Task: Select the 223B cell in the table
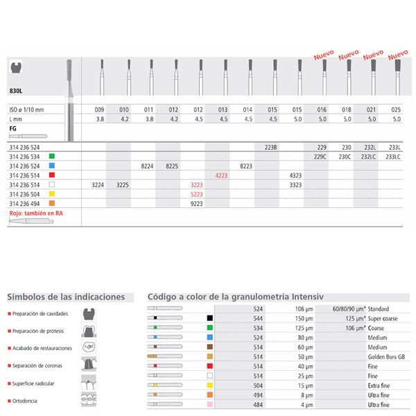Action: coord(271,148)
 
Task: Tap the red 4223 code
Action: coord(222,176)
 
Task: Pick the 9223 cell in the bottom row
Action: coord(197,205)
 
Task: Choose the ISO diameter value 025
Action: coord(396,110)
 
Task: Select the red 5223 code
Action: coord(197,196)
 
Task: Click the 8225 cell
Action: coord(173,167)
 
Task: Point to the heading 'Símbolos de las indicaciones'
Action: coord(66,297)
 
